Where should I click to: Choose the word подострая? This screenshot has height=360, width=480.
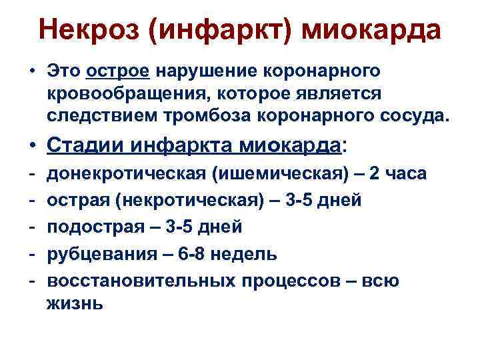tap(91, 227)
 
